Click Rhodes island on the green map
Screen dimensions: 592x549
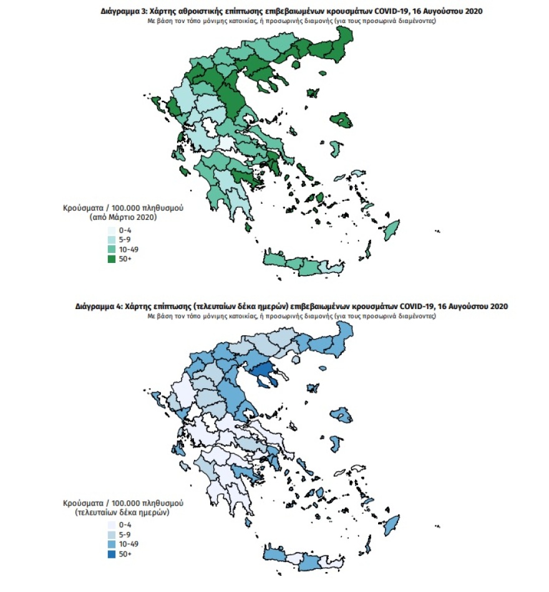pyautogui.click(x=392, y=229)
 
